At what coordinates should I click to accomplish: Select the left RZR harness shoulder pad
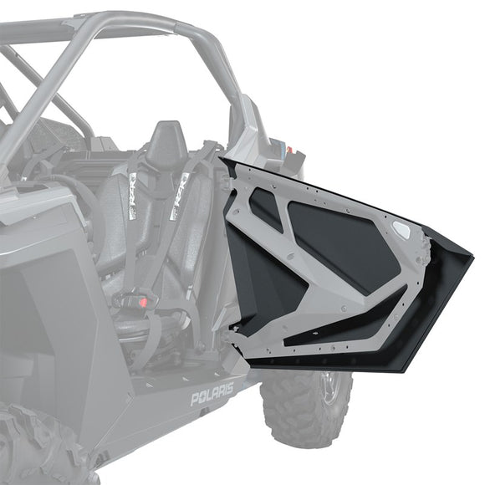(131, 197)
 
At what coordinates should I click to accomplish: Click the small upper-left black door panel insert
(265, 208)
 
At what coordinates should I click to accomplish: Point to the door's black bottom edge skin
(351, 355)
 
